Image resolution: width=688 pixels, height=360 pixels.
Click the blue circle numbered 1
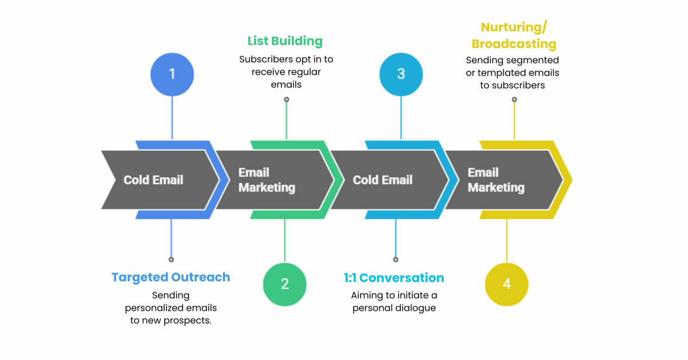pos(172,75)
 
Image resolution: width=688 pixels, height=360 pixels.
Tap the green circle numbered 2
pos(284,284)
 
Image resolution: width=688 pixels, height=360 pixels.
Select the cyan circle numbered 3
pos(401,75)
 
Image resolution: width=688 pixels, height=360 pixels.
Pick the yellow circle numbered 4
pos(506,284)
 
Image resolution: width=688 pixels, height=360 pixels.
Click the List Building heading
pos(285,41)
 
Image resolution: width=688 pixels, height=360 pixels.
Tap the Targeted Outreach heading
pos(171,277)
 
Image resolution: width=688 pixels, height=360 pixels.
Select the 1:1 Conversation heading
pos(394,278)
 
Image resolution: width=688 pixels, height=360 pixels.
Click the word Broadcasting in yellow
pos(514,44)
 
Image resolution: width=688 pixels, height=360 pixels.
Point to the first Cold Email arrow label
pos(153,180)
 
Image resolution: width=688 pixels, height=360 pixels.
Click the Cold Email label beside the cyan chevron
pos(382,180)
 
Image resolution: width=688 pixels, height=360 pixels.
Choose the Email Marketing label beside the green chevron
pos(267,180)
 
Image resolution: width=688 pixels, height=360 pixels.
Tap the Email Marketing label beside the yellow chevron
pos(496,180)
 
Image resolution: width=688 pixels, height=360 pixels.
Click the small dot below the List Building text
pos(286,100)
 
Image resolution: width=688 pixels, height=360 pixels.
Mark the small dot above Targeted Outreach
pos(171,260)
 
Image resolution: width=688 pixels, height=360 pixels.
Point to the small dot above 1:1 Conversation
pos(396,260)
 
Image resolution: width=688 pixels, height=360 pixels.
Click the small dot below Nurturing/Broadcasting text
pos(514,100)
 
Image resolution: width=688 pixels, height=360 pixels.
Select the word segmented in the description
pos(534,60)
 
